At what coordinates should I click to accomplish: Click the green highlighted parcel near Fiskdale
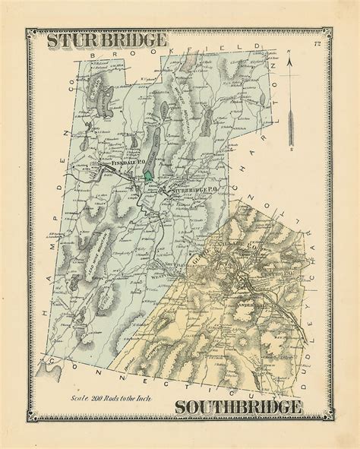point(149,175)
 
